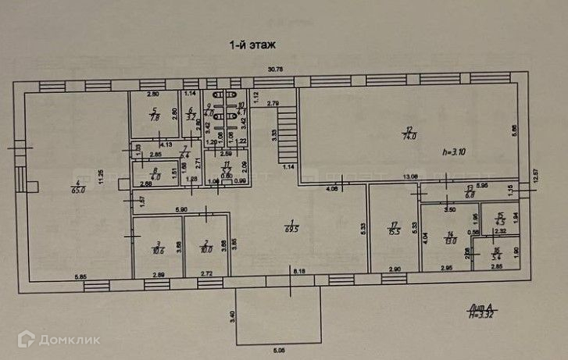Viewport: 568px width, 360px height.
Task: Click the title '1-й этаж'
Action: (x=252, y=46)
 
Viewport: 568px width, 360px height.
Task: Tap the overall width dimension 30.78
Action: (x=274, y=70)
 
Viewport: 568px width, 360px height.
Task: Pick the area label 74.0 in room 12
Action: (x=408, y=135)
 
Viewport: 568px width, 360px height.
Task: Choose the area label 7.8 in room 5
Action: (x=155, y=118)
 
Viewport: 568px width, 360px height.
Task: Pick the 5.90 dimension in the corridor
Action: (x=180, y=210)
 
